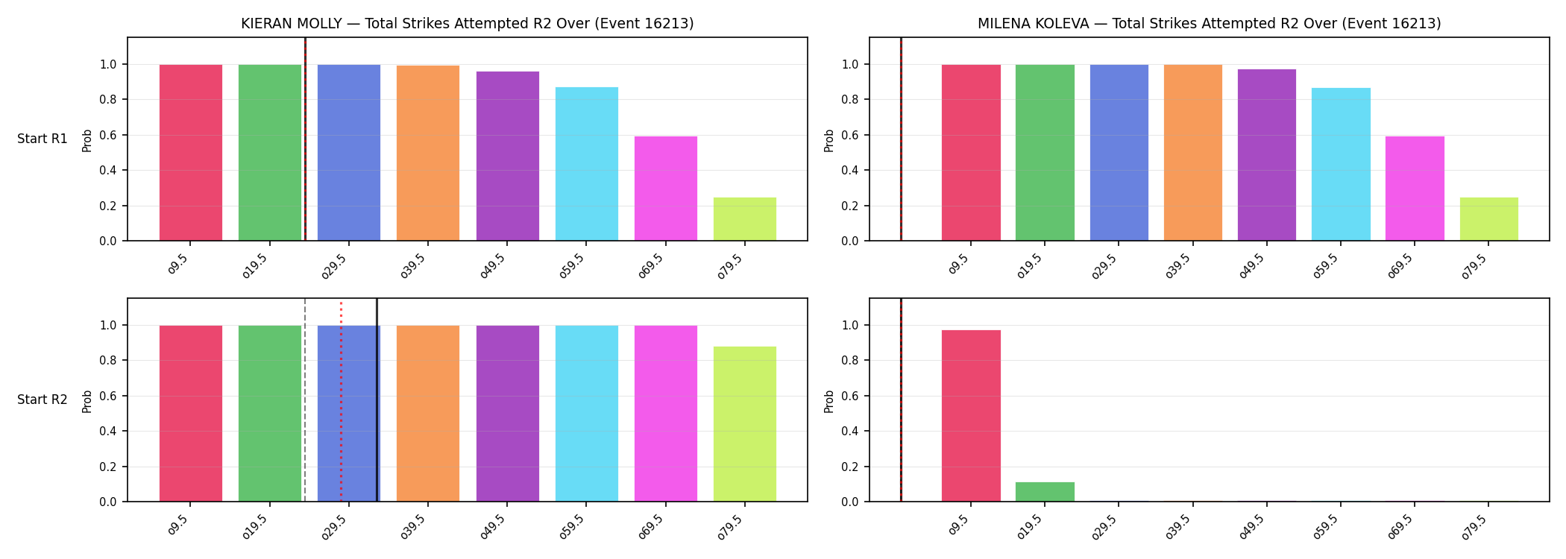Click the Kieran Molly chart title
pyautogui.click(x=468, y=24)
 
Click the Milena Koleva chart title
pyautogui.click(x=1210, y=24)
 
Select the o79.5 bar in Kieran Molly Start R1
pyautogui.click(x=745, y=219)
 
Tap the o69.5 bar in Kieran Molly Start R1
pyautogui.click(x=666, y=189)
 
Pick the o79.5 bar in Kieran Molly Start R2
pyautogui.click(x=745, y=424)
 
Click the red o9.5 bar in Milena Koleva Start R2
pyautogui.click(x=971, y=416)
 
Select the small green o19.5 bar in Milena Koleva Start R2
pyautogui.click(x=1045, y=492)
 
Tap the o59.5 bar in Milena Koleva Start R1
pyautogui.click(x=1341, y=165)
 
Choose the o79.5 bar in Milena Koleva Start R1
pyautogui.click(x=1489, y=219)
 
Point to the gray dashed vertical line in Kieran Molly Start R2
pyautogui.click(x=305, y=399)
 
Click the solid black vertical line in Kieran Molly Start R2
pyautogui.click(x=377, y=399)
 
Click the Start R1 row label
pyautogui.click(x=43, y=139)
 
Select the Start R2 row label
pyautogui.click(x=43, y=400)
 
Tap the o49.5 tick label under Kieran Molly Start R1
pyautogui.click(x=493, y=266)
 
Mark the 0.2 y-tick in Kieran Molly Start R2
pyautogui.click(x=108, y=467)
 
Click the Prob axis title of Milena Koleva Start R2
pyautogui.click(x=829, y=401)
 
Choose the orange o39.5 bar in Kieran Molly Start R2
pyautogui.click(x=428, y=414)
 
